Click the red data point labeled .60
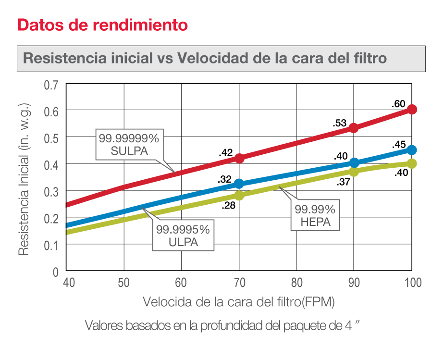(412, 110)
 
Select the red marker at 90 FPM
(354, 128)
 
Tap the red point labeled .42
(239, 158)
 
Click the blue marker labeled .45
(412, 150)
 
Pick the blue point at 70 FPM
(239, 184)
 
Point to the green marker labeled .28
(239, 195)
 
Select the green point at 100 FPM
(412, 163)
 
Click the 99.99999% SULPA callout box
(129, 144)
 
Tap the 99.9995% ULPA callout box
(183, 236)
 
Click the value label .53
(340, 123)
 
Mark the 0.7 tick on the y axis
(50, 85)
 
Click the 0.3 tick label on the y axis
(50, 191)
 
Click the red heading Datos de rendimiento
(102, 25)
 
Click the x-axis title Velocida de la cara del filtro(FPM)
(239, 302)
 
